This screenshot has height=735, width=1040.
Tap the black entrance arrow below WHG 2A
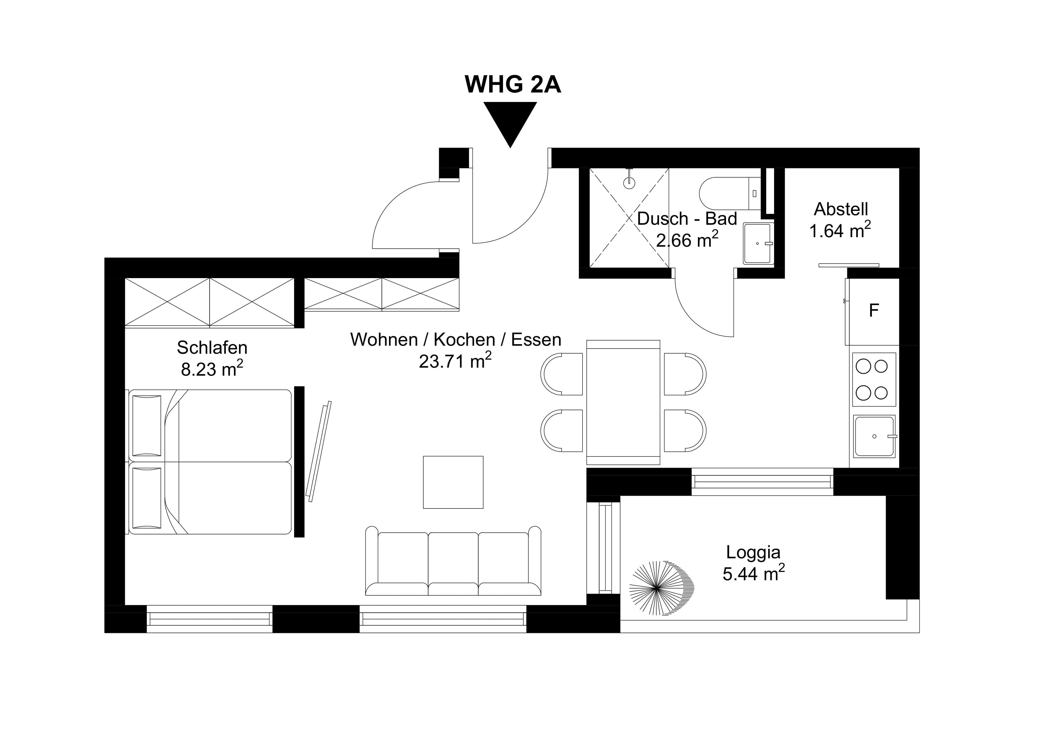point(510,120)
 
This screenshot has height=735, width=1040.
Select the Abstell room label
point(841,209)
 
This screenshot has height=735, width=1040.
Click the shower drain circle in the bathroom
point(629,183)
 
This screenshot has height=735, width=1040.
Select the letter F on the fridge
point(874,311)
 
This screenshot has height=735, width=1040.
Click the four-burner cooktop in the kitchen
point(874,380)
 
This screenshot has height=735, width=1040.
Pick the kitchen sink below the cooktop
point(874,436)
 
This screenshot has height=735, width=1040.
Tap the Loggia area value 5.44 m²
point(753,574)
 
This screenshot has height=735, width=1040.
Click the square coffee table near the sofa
point(453,482)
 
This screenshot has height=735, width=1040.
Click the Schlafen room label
point(212,348)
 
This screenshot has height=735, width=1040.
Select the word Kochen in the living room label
point(464,340)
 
